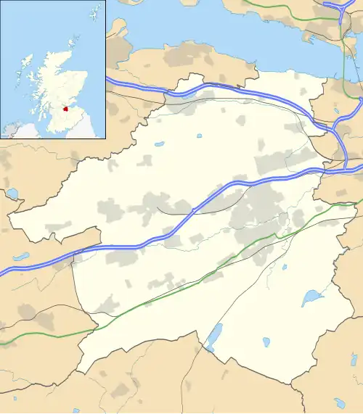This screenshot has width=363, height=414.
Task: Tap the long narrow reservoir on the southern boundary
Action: pos(215,336)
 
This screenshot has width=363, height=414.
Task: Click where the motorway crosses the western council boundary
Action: pos(73,254)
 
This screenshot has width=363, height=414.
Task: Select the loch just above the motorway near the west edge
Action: pos(20,256)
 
